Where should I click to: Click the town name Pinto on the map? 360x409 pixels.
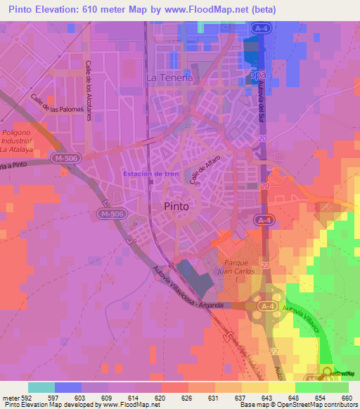coord(175,206)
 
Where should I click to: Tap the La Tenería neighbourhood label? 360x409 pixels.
coord(169,78)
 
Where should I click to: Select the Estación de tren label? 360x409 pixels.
coord(150,173)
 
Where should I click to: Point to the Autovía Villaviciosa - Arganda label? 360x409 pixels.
coord(189,289)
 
